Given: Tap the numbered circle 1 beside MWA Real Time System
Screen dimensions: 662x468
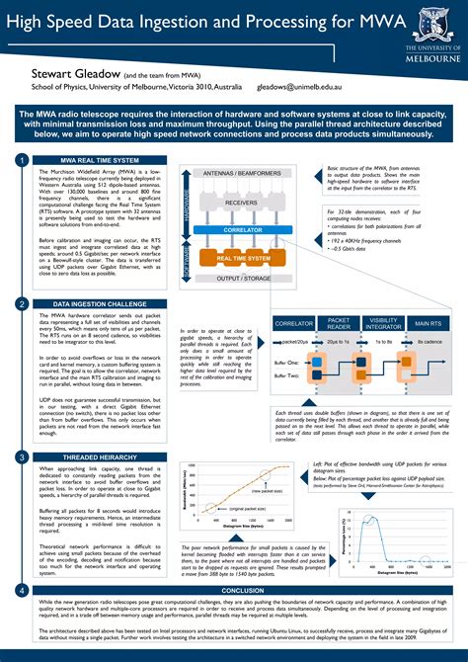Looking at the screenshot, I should pyautogui.click(x=21, y=159).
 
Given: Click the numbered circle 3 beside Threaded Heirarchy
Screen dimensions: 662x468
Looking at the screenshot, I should pyautogui.click(x=21, y=456).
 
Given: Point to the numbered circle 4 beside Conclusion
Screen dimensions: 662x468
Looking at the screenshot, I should pyautogui.click(x=21, y=590).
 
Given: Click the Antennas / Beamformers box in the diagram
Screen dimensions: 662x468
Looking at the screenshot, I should pyautogui.click(x=242, y=173).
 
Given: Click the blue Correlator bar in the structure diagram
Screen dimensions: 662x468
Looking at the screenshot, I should pyautogui.click(x=242, y=229).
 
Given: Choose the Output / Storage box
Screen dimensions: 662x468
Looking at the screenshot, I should pyautogui.click(x=242, y=278).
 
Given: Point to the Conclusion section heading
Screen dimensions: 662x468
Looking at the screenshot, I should pyautogui.click(x=241, y=590).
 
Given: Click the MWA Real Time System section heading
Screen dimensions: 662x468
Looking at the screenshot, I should pyautogui.click(x=102, y=159).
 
